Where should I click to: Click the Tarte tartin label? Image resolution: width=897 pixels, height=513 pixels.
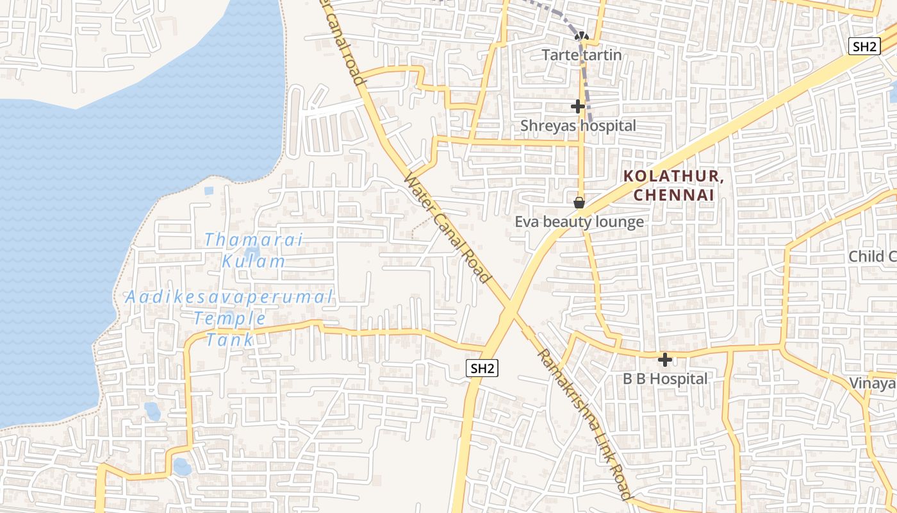[582, 55]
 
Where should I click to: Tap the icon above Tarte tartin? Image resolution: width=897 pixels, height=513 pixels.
[582, 36]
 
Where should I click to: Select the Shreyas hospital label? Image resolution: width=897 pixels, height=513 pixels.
[578, 126]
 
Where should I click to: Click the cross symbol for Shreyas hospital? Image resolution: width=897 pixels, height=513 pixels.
[578, 106]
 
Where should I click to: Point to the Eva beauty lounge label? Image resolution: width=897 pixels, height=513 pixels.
[579, 222]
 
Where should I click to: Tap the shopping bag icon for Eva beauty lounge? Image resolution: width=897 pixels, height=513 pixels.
[579, 203]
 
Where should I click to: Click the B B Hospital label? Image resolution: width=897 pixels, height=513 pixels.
[665, 379]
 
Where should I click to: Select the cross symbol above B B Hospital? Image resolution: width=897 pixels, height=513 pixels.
[665, 360]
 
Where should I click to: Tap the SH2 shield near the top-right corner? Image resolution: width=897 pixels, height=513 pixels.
[864, 46]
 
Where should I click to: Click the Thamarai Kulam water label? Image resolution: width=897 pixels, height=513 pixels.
[253, 250]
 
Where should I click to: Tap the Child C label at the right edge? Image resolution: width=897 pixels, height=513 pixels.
[872, 256]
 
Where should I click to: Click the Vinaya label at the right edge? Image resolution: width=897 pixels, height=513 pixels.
[872, 383]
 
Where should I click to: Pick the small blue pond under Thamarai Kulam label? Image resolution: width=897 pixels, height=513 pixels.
[252, 254]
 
